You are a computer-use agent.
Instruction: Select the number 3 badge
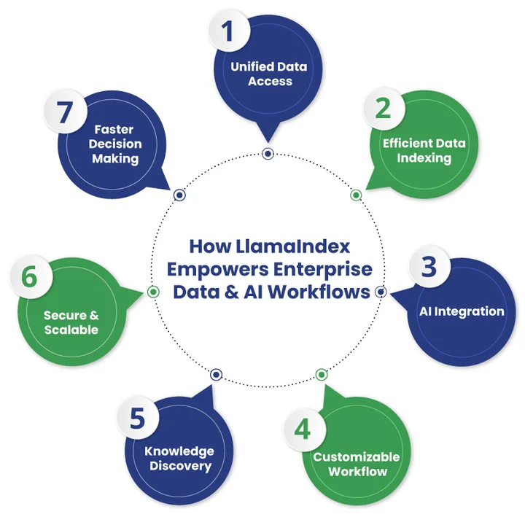click(429, 267)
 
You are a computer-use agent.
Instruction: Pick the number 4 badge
click(302, 428)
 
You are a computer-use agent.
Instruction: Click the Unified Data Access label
click(269, 74)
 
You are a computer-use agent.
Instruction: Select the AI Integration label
click(461, 311)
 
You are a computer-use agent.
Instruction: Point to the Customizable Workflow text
click(357, 464)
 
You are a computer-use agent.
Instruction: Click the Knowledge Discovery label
click(179, 459)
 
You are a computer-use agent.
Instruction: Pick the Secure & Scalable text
click(71, 322)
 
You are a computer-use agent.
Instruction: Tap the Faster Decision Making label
click(114, 144)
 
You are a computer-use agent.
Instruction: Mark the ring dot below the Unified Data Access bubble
click(268, 153)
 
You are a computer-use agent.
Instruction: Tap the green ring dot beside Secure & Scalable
click(153, 292)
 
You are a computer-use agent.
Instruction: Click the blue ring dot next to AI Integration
click(380, 292)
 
